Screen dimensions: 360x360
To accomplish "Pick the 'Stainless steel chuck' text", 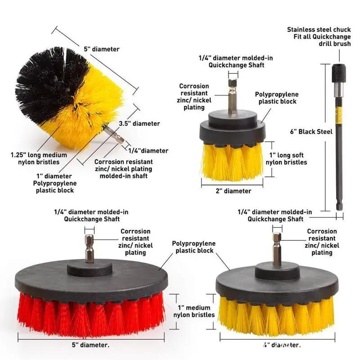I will click(319, 30).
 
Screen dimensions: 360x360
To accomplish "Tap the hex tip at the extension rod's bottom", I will click(339, 205).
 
